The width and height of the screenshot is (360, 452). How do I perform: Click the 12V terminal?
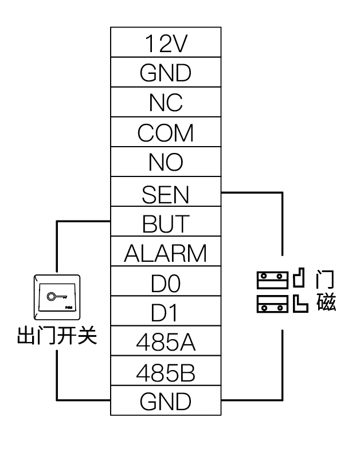pyautogui.click(x=166, y=42)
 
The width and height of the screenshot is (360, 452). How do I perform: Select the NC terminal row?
pyautogui.click(x=166, y=102)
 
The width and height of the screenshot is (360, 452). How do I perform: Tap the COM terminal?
pyautogui.click(x=166, y=132)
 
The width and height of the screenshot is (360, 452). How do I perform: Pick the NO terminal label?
pyautogui.click(x=166, y=162)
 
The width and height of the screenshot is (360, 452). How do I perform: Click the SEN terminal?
pyautogui.click(x=166, y=193)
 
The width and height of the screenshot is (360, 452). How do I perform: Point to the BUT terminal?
pyautogui.click(x=166, y=223)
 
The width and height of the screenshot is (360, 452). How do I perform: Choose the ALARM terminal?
pyautogui.click(x=166, y=253)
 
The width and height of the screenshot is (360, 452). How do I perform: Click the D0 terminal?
pyautogui.click(x=166, y=282)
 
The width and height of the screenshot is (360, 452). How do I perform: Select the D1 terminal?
pyautogui.click(x=166, y=312)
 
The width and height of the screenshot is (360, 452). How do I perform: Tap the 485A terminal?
pyautogui.click(x=166, y=342)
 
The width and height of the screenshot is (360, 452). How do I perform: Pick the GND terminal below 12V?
pyautogui.click(x=166, y=72)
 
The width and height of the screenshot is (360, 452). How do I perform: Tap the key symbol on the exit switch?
pyautogui.click(x=55, y=297)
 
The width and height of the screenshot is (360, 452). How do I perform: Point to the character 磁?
pyautogui.click(x=326, y=302)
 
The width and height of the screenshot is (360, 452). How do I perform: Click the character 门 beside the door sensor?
pyautogui.click(x=326, y=280)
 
